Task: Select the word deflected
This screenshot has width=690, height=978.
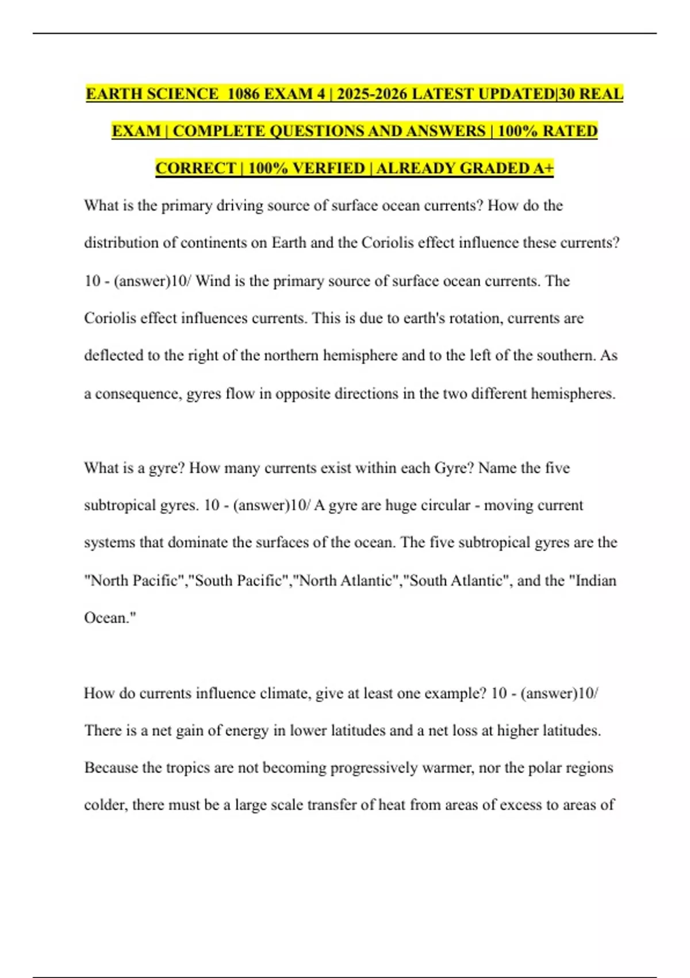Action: click(x=113, y=356)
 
